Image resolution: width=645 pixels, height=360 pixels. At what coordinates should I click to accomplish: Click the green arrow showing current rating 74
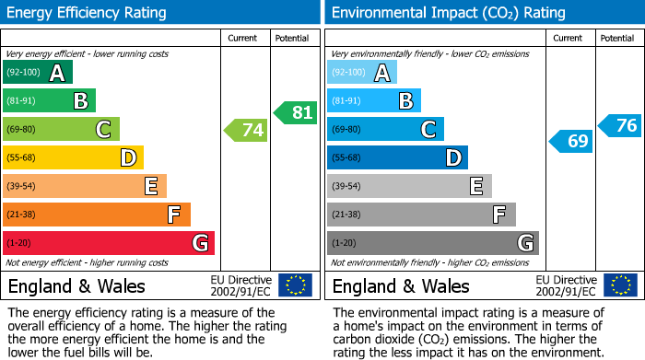point(246,130)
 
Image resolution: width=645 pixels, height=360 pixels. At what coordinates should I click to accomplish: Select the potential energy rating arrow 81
point(295,112)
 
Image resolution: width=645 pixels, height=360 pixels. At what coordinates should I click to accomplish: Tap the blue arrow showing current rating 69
point(570,141)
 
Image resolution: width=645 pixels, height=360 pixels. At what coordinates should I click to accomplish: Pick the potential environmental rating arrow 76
point(619,125)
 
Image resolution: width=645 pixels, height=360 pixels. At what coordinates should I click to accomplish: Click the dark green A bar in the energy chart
point(38,73)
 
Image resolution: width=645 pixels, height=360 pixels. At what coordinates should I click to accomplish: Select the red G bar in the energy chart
point(109,243)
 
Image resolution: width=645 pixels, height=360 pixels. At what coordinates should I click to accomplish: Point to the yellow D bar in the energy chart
point(73,158)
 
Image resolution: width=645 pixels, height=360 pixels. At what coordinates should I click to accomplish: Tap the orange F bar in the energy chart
point(97,215)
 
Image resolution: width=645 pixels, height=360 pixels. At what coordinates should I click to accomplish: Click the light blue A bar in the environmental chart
point(362,73)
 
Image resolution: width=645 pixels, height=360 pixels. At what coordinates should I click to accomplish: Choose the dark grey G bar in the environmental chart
point(432,243)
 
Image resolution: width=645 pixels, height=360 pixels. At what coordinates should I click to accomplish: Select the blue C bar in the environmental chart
point(385,130)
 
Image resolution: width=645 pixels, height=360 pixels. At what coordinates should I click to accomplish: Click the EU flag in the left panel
point(295,285)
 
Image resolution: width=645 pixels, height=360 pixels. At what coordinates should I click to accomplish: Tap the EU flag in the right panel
point(619,285)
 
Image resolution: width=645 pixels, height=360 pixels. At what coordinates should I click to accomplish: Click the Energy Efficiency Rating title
point(88,13)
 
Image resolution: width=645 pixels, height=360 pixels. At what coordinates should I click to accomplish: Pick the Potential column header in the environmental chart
point(617,38)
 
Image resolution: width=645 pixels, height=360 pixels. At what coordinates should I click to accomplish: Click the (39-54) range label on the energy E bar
point(21,187)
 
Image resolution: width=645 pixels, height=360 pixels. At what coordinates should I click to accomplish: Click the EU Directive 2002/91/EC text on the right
point(567,285)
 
